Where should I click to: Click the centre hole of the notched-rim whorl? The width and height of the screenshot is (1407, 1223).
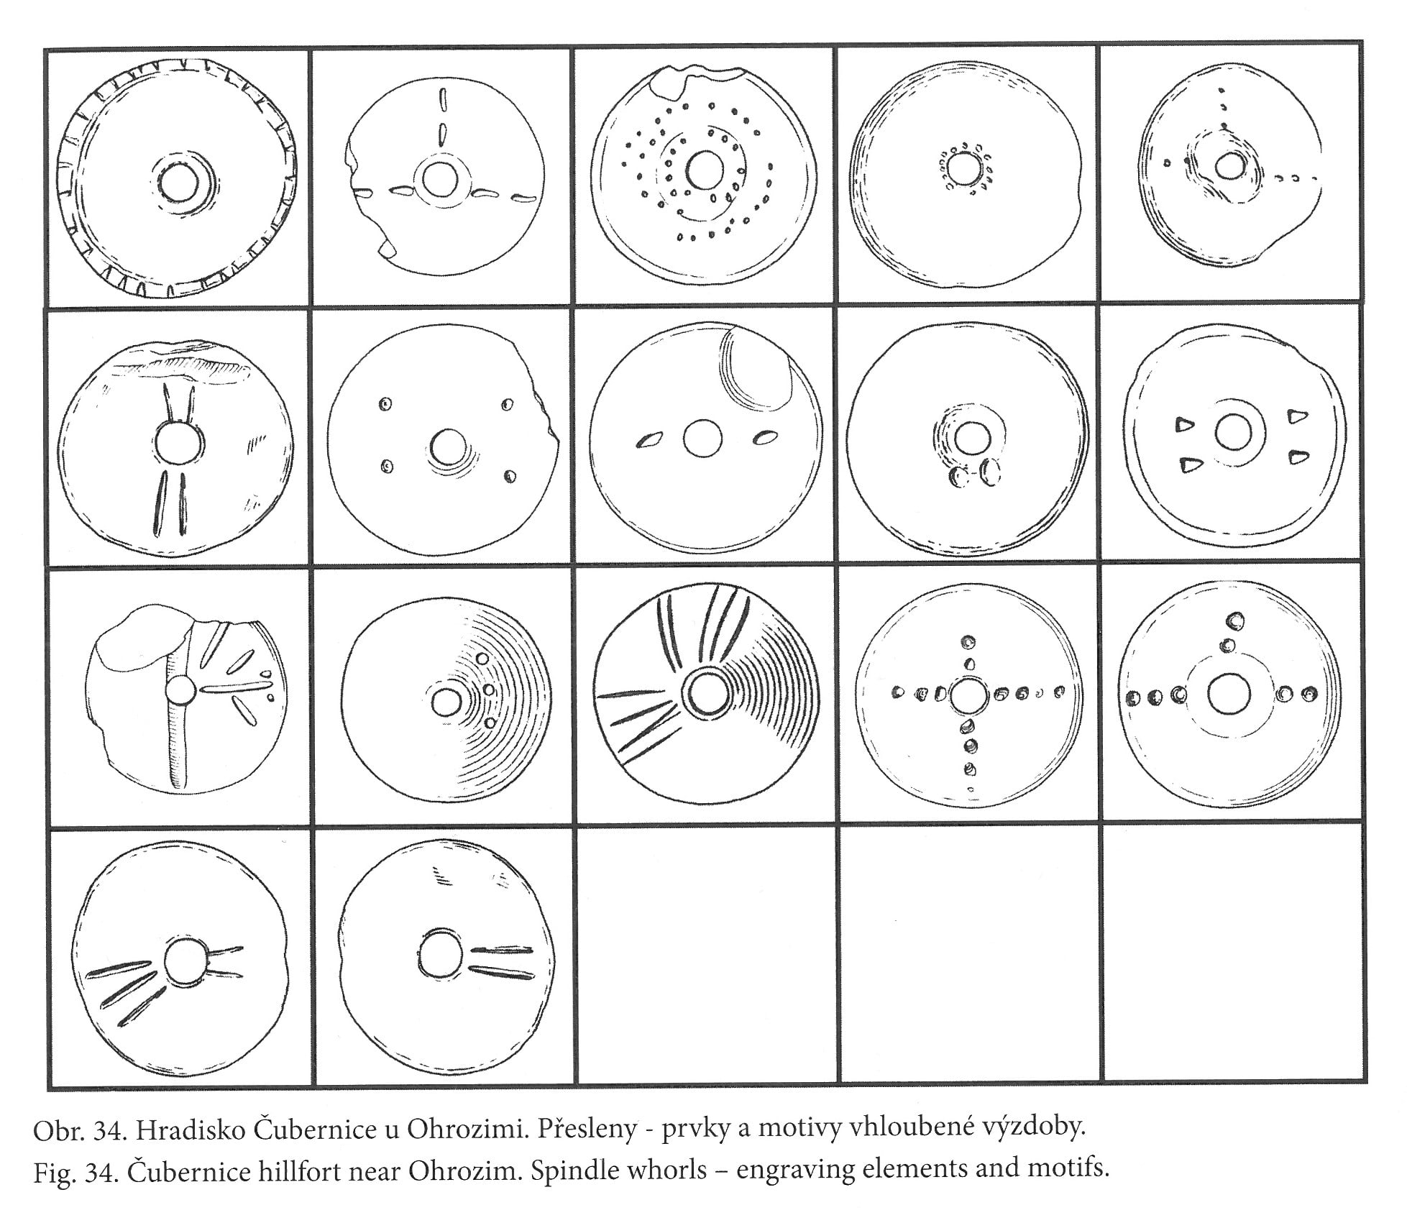(178, 183)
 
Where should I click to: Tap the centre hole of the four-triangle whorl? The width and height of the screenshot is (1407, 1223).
(1234, 433)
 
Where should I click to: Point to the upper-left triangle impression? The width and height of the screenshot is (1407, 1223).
(1183, 425)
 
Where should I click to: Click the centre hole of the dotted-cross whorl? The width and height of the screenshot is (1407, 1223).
(969, 696)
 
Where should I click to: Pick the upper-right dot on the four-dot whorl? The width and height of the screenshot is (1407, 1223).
(508, 405)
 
